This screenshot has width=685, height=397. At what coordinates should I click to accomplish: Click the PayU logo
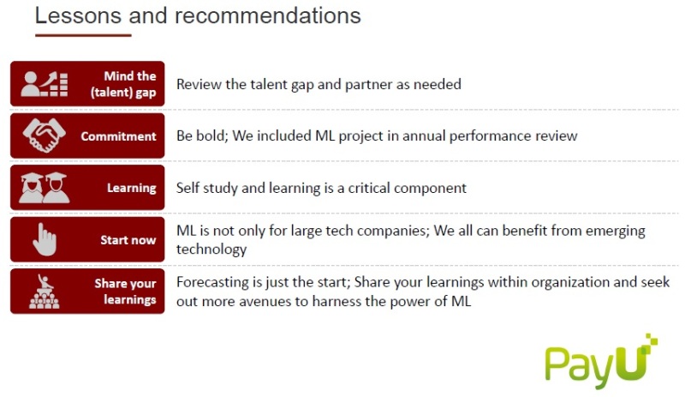pyautogui.click(x=601, y=362)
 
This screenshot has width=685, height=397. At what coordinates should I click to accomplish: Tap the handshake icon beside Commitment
pyautogui.click(x=45, y=135)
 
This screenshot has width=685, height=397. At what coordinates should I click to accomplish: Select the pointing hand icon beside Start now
pyautogui.click(x=45, y=239)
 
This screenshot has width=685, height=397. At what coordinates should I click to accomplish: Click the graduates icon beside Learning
pyautogui.click(x=45, y=187)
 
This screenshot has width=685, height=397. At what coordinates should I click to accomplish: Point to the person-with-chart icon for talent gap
pyautogui.click(x=45, y=84)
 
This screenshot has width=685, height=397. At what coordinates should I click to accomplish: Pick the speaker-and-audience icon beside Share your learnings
pyautogui.click(x=45, y=292)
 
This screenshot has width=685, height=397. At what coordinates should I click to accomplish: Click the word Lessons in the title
pyautogui.click(x=78, y=15)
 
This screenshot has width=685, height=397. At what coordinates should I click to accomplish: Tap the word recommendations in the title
pyautogui.click(x=268, y=15)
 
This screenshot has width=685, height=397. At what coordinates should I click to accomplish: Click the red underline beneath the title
pyautogui.click(x=83, y=35)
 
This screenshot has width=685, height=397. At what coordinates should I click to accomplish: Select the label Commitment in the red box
pyautogui.click(x=118, y=136)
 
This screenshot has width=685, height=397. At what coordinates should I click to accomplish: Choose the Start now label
pyautogui.click(x=128, y=240)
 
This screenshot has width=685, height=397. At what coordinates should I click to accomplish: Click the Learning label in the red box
pyautogui.click(x=132, y=189)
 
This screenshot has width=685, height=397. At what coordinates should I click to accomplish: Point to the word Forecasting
pyautogui.click(x=212, y=282)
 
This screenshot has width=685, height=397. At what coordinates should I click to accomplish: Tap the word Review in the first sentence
pyautogui.click(x=199, y=84)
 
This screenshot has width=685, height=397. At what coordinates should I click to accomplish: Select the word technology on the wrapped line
pyautogui.click(x=211, y=250)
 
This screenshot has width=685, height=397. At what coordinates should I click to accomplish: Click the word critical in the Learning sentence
pyautogui.click(x=369, y=188)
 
